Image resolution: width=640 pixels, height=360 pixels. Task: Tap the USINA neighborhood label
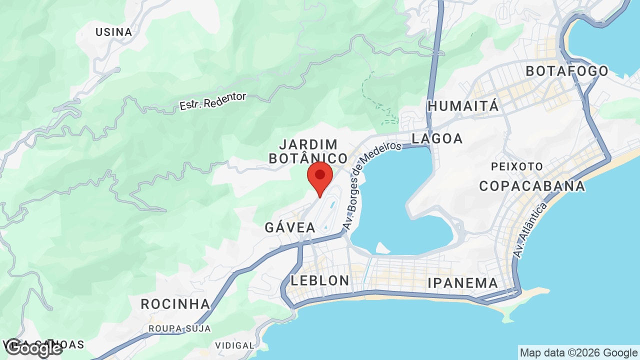[x=114, y=32]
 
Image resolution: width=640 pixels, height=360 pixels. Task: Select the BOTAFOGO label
[x=567, y=71]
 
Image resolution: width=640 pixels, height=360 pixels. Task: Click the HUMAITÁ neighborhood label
[x=463, y=106]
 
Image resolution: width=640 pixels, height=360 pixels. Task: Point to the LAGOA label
[x=437, y=138]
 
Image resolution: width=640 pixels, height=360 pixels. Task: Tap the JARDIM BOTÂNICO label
[x=308, y=151]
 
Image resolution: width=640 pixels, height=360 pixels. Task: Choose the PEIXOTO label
[x=517, y=166]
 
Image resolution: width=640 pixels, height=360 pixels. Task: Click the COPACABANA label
[x=532, y=186]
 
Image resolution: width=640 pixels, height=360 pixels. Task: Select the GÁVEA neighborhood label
[x=290, y=227]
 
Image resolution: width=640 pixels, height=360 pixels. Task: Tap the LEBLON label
[x=320, y=280]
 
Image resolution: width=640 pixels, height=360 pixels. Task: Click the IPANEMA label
[x=463, y=283]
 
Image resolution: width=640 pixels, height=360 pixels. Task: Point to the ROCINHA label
[x=175, y=304]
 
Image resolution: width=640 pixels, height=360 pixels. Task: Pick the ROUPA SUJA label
[x=179, y=328]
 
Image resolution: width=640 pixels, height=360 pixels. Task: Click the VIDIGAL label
[x=234, y=345]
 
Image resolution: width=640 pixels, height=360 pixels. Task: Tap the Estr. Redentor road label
[x=213, y=101]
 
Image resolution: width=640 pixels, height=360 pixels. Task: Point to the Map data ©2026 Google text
[x=578, y=353]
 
